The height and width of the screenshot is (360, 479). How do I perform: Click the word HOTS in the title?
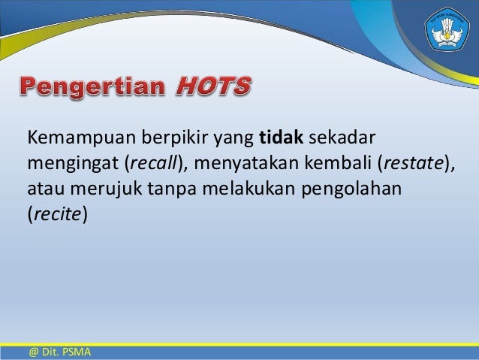(212, 88)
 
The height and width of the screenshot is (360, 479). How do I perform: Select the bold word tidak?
(279, 138)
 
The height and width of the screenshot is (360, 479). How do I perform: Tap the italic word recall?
(152, 163)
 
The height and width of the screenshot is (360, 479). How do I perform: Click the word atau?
(44, 188)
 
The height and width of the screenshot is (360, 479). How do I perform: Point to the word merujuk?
(96, 188)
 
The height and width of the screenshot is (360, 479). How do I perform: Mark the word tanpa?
(158, 188)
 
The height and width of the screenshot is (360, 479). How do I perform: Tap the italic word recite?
(58, 213)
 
